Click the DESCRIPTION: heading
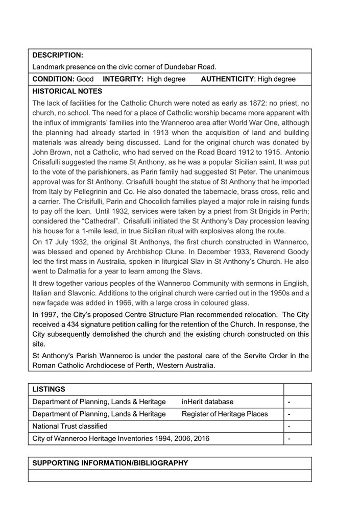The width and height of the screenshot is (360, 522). (x=57, y=54)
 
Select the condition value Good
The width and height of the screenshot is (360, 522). (x=85, y=79)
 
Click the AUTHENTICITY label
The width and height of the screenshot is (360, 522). (x=228, y=79)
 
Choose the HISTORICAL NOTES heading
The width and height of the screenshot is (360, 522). (x=67, y=91)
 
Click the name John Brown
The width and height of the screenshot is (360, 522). (x=52, y=152)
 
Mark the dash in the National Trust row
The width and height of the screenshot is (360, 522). (x=290, y=427)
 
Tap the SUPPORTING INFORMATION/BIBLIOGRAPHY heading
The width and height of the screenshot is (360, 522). (x=110, y=463)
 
